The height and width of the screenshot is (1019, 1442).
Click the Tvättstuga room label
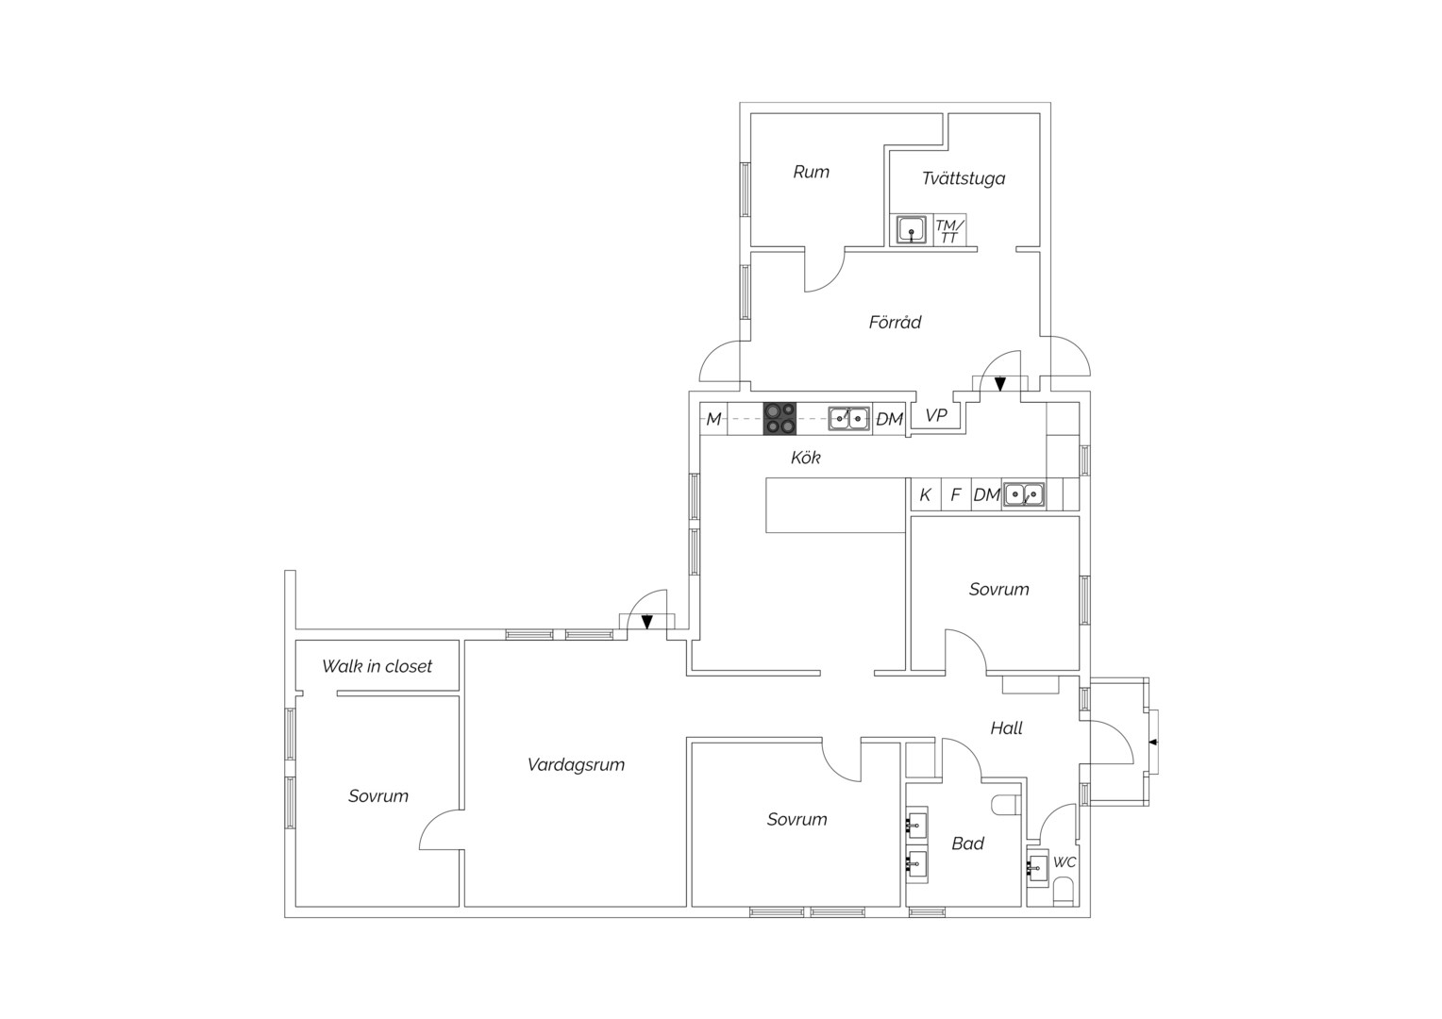(963, 178)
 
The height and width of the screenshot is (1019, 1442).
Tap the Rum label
(812, 172)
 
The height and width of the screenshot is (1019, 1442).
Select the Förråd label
(895, 321)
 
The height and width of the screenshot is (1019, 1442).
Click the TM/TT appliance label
(949, 231)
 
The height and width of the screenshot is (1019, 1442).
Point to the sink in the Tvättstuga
(911, 230)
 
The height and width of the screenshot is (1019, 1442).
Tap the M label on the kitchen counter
(713, 419)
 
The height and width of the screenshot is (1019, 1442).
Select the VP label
(936, 415)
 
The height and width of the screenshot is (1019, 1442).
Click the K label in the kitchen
(925, 494)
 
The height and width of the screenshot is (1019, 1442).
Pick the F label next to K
(956, 494)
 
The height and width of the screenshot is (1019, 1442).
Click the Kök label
(805, 458)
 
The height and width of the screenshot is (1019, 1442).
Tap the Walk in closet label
(377, 666)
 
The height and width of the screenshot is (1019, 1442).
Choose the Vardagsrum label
(576, 765)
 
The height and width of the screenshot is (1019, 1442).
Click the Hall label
(1006, 728)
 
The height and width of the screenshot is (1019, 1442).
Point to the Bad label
(967, 844)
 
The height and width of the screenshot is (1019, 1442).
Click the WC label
(1065, 862)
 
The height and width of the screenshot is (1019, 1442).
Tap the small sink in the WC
(1037, 868)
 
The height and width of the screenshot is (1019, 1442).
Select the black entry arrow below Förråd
(999, 384)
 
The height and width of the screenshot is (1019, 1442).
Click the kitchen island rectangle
(835, 506)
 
